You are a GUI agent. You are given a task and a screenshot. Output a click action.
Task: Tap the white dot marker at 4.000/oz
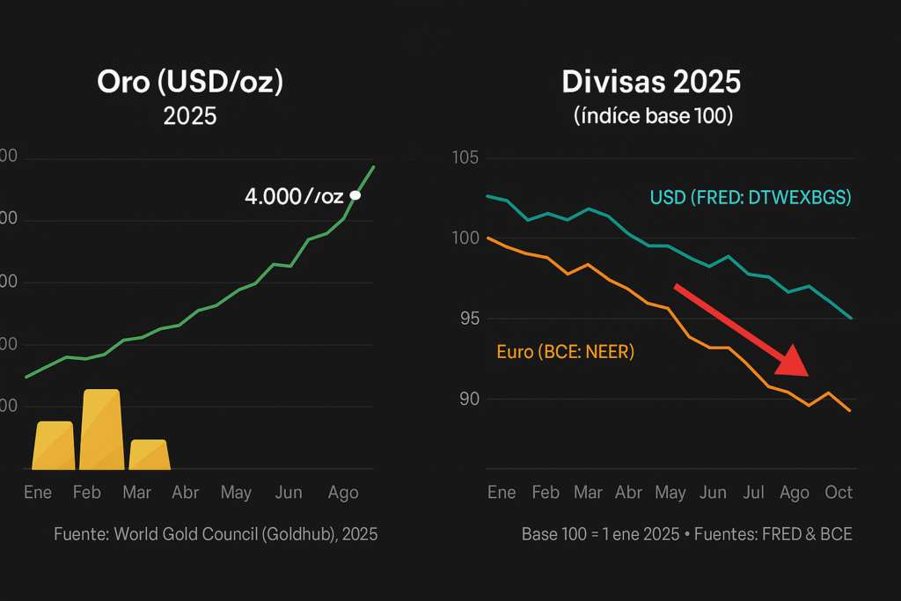click(355, 195)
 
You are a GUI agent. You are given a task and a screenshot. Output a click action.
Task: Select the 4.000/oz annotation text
click(294, 196)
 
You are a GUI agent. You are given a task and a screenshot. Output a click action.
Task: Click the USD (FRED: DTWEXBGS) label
click(751, 198)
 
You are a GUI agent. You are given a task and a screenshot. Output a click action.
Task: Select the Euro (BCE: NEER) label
click(565, 352)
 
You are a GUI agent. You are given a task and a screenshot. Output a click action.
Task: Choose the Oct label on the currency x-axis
click(839, 493)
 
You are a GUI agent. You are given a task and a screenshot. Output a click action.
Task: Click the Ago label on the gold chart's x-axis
click(343, 493)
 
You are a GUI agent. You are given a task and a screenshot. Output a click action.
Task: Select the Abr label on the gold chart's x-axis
click(185, 493)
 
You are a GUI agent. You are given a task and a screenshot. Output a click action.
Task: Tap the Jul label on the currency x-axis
click(754, 493)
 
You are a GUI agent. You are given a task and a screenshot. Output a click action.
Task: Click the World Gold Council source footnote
click(216, 534)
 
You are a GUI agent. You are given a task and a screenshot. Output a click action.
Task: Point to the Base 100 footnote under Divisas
click(686, 534)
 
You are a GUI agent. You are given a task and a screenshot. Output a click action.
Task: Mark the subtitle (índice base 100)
click(652, 116)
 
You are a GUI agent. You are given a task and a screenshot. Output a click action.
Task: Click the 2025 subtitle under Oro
click(190, 116)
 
